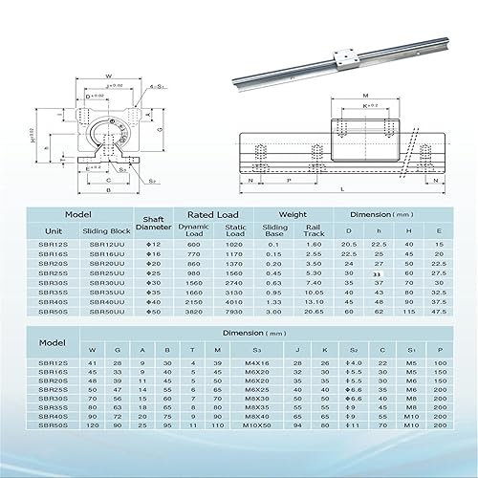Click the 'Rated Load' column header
click(211, 215)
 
